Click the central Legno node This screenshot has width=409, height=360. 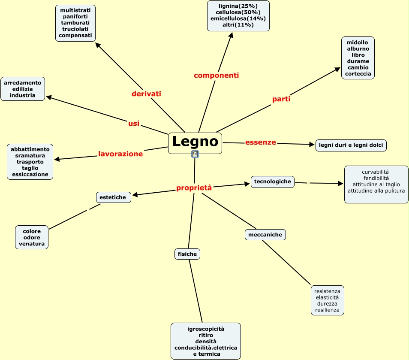tap(195, 142)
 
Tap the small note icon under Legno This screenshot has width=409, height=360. tap(195, 154)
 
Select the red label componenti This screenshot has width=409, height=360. tap(216, 76)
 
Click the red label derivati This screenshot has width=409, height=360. tap(146, 94)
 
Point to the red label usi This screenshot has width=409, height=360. tap(134, 124)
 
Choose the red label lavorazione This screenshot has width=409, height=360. tap(120, 154)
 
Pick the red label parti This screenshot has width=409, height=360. tap(281, 99)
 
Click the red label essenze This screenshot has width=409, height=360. tap(261, 142)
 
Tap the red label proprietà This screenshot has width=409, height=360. tap(194, 188)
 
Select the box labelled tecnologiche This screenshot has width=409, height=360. tap(273, 182)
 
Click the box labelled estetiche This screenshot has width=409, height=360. tap(113, 197)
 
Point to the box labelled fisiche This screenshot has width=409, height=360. tap(187, 254)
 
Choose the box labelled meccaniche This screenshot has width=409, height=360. tap(265, 235)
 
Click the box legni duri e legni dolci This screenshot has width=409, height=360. tap(351, 145)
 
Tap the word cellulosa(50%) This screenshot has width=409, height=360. tap(238, 12)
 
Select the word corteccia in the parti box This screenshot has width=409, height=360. tap(358, 74)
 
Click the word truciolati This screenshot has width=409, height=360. tap(75, 29)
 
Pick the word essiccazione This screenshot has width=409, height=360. tap(30, 175)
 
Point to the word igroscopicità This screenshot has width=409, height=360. tap(206, 329)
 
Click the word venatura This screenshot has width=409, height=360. tap(32, 244)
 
